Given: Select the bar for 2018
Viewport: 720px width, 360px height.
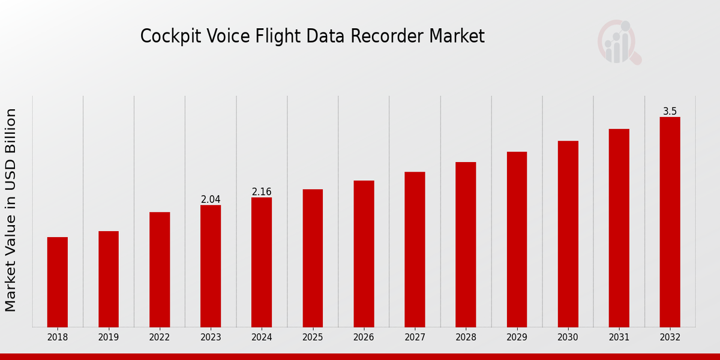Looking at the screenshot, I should coord(58,282).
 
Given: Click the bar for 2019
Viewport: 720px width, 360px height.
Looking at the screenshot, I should coord(109,279).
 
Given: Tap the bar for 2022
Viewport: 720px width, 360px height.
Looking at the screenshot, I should coord(160,269).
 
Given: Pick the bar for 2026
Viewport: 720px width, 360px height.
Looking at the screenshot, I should coord(364,254).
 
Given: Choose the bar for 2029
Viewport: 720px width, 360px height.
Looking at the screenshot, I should coord(517,239).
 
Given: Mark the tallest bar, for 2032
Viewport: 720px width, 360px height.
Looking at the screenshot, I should coord(670,222).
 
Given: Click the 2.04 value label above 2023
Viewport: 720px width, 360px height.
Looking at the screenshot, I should coord(211,199).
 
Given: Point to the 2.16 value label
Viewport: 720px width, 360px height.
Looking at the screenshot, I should coord(262,192).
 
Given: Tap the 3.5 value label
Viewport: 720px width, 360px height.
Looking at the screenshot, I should coord(670,112).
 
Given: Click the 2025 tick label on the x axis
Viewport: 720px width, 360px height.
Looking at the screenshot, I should coord(313,338).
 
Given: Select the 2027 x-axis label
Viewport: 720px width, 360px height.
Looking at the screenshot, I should coord(415,338).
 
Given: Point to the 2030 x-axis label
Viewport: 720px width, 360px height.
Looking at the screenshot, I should coord(568,338).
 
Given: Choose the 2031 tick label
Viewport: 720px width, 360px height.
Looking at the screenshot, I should coord(619,338).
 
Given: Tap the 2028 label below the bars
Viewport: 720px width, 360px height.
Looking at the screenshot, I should coord(466,338).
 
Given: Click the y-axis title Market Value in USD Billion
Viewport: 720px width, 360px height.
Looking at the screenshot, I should coord(11,210).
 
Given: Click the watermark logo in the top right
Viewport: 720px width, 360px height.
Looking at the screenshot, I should coord(619,42).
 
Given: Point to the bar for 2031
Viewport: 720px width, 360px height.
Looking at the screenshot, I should coord(619,228).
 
